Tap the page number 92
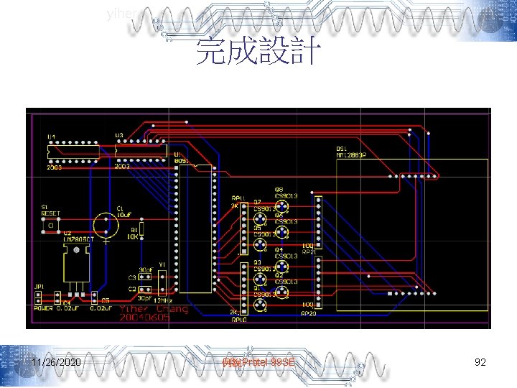pyautogui.click(x=480, y=362)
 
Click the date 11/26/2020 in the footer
pyautogui.click(x=56, y=362)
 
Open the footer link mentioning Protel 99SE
pyautogui.click(x=258, y=362)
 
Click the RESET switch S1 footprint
pyautogui.click(x=52, y=225)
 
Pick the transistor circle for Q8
pyautogui.click(x=284, y=207)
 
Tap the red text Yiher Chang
pyautogui.click(x=155, y=309)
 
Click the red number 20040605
pyautogui.click(x=145, y=318)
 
